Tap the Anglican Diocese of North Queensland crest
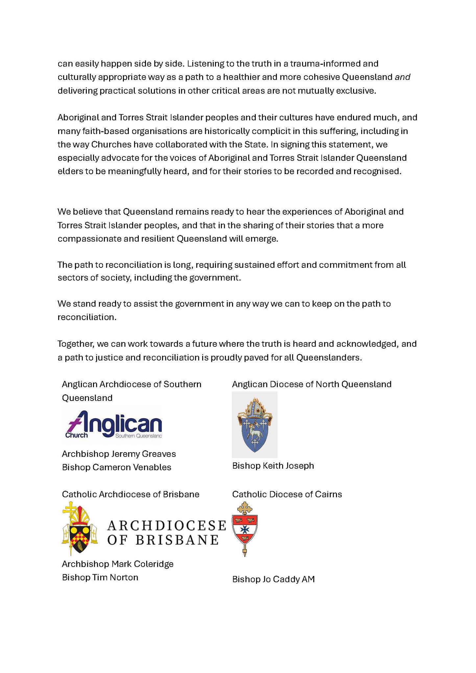(x=254, y=425)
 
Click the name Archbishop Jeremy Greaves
(x=119, y=454)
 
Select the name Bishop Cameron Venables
(x=116, y=467)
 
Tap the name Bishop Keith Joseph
(x=273, y=466)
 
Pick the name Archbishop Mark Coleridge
(x=117, y=564)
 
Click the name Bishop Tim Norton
(x=100, y=577)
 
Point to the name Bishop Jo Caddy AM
(x=273, y=579)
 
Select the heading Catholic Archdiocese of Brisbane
(x=131, y=494)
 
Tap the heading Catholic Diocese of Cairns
(x=287, y=494)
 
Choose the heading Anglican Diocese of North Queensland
(x=312, y=384)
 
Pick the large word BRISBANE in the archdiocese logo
(x=177, y=540)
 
